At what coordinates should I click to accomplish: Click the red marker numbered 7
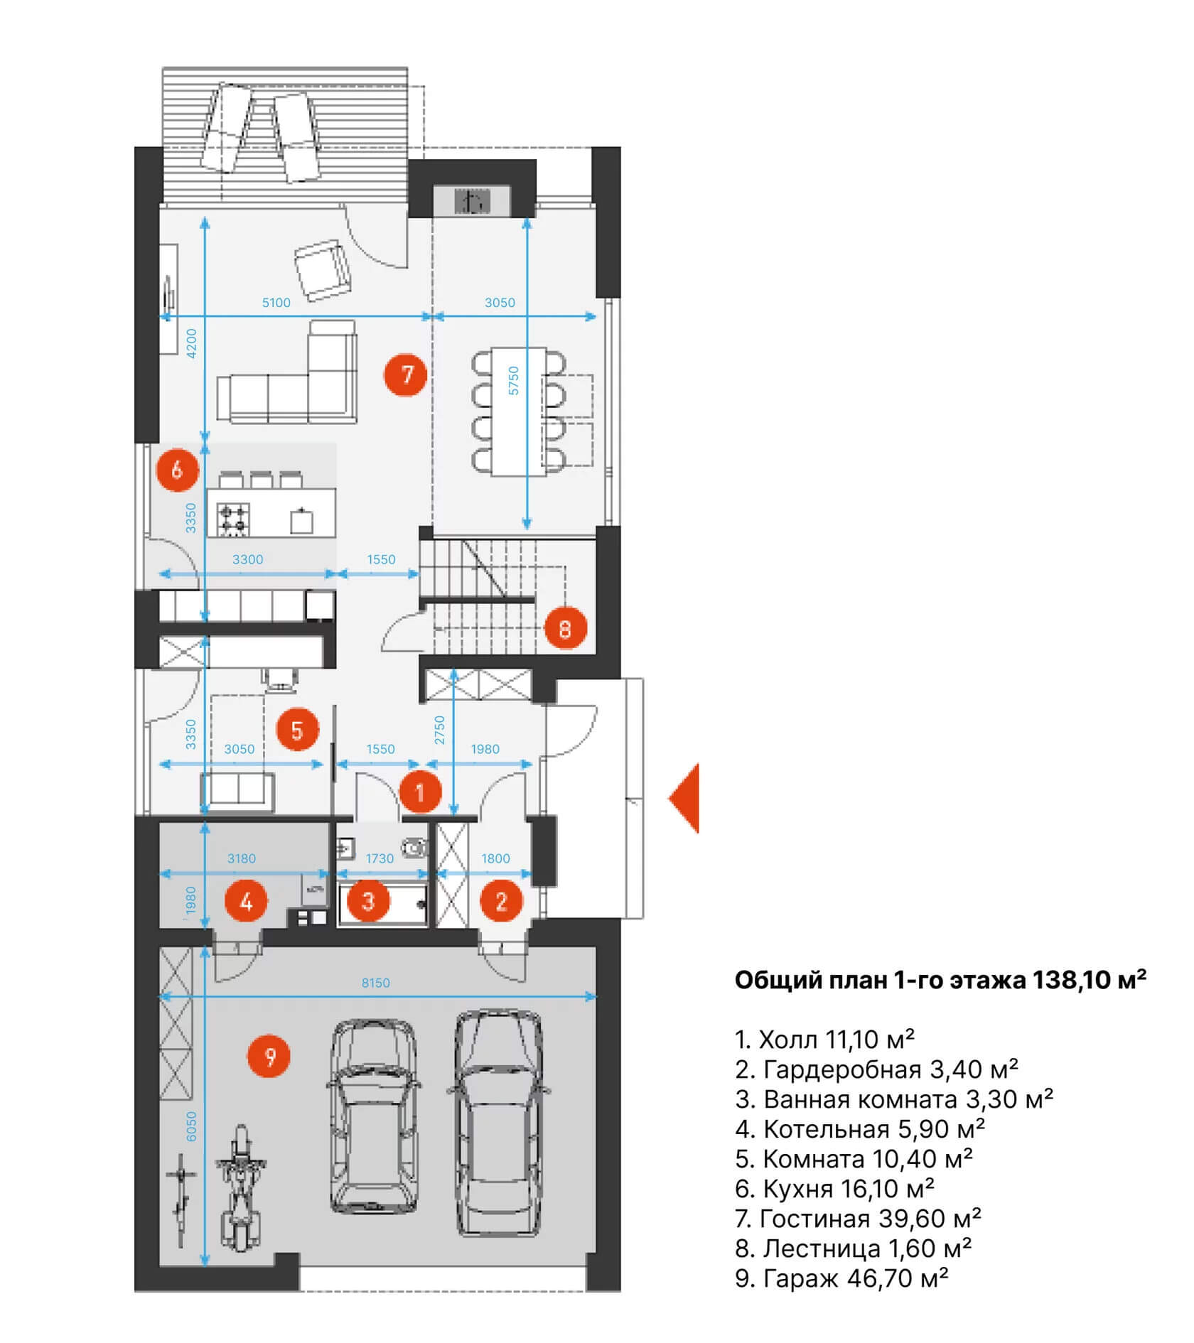(x=406, y=374)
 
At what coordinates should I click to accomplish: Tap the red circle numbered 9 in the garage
(x=270, y=1057)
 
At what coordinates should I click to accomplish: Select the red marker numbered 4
(x=246, y=902)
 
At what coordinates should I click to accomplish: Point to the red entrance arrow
(x=685, y=798)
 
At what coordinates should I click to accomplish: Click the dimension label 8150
(x=376, y=983)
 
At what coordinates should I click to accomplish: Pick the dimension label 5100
(x=276, y=303)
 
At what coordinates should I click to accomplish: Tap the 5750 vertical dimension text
(x=514, y=380)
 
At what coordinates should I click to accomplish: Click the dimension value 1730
(x=380, y=858)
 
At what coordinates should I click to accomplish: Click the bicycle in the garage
(x=181, y=1200)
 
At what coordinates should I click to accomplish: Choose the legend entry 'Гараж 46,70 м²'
(x=842, y=1278)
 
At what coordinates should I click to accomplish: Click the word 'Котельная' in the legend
(x=826, y=1129)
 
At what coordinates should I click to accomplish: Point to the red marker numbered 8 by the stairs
(x=565, y=628)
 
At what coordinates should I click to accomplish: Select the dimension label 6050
(x=191, y=1126)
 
